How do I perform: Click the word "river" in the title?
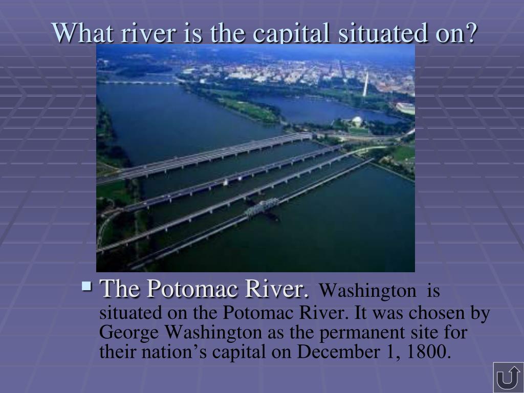point(148,33)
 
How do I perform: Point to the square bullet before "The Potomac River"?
point(86,286)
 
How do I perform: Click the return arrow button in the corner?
point(508,377)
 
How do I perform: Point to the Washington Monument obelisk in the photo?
point(365,84)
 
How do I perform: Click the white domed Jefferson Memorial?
point(357,121)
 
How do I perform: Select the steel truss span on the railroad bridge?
point(261,207)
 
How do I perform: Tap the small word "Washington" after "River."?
point(368,291)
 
